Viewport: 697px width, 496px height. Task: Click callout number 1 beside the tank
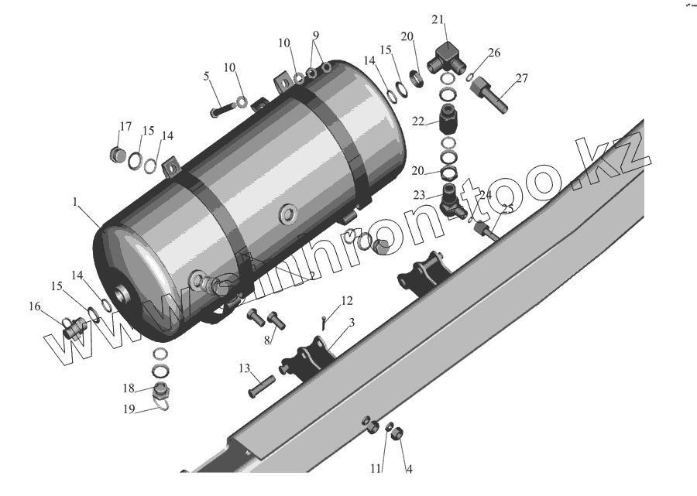coord(75,201)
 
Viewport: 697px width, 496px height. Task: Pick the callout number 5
coord(206,76)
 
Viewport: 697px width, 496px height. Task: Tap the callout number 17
coord(125,127)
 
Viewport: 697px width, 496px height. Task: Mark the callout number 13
coord(245,368)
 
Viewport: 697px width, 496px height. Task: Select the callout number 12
coord(346,300)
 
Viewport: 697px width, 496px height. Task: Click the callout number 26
coord(493,53)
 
